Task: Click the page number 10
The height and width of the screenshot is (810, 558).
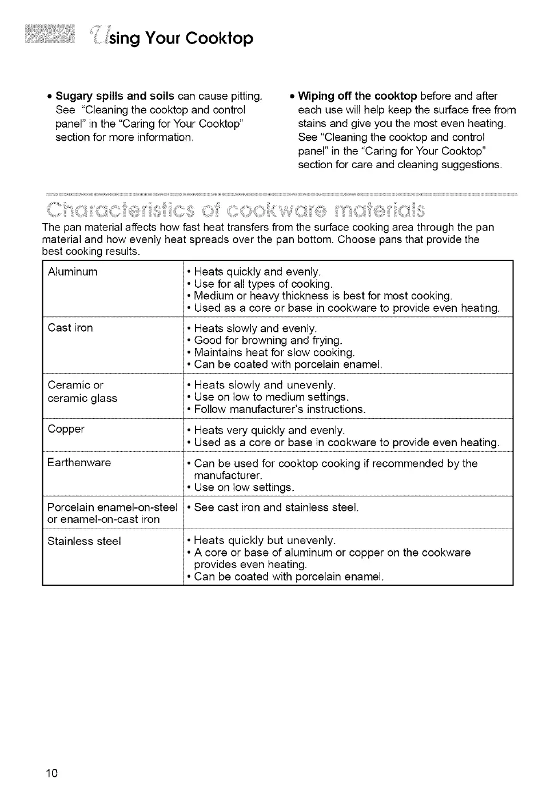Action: click(x=52, y=773)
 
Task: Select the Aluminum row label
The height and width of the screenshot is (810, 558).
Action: click(x=73, y=272)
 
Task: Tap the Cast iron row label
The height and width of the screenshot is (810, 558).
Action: click(x=70, y=328)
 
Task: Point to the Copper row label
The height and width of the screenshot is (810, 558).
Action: click(x=66, y=429)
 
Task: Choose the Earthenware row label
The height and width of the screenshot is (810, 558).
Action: click(x=79, y=462)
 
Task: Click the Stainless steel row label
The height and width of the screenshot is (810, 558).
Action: click(x=84, y=541)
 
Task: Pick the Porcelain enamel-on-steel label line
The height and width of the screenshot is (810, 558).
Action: click(x=113, y=507)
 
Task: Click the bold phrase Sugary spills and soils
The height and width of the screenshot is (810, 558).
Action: click(x=115, y=96)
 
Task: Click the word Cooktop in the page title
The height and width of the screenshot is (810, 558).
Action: click(x=220, y=38)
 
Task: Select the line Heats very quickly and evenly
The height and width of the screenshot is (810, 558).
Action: click(x=269, y=430)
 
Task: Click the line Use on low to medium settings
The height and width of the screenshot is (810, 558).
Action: click(x=271, y=397)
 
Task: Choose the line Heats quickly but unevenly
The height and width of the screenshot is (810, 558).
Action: click(x=264, y=541)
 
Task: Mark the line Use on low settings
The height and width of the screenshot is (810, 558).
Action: click(x=244, y=487)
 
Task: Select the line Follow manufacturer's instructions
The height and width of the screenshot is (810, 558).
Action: click(x=279, y=409)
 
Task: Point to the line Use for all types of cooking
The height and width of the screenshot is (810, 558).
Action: click(x=263, y=284)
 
